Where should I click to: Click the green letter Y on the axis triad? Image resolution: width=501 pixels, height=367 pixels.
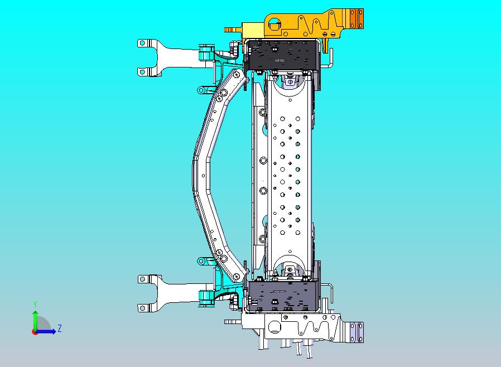click(x=35, y=304)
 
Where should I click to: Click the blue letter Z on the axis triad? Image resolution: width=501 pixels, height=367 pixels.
click(x=60, y=328)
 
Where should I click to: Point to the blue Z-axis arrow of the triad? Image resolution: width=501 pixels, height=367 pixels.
click(x=46, y=331)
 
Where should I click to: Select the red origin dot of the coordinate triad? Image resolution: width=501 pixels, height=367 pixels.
click(x=34, y=332)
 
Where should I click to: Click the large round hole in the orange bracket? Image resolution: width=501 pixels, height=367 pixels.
click(x=273, y=24)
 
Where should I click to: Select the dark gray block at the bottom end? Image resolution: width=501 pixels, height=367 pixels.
click(x=283, y=296)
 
